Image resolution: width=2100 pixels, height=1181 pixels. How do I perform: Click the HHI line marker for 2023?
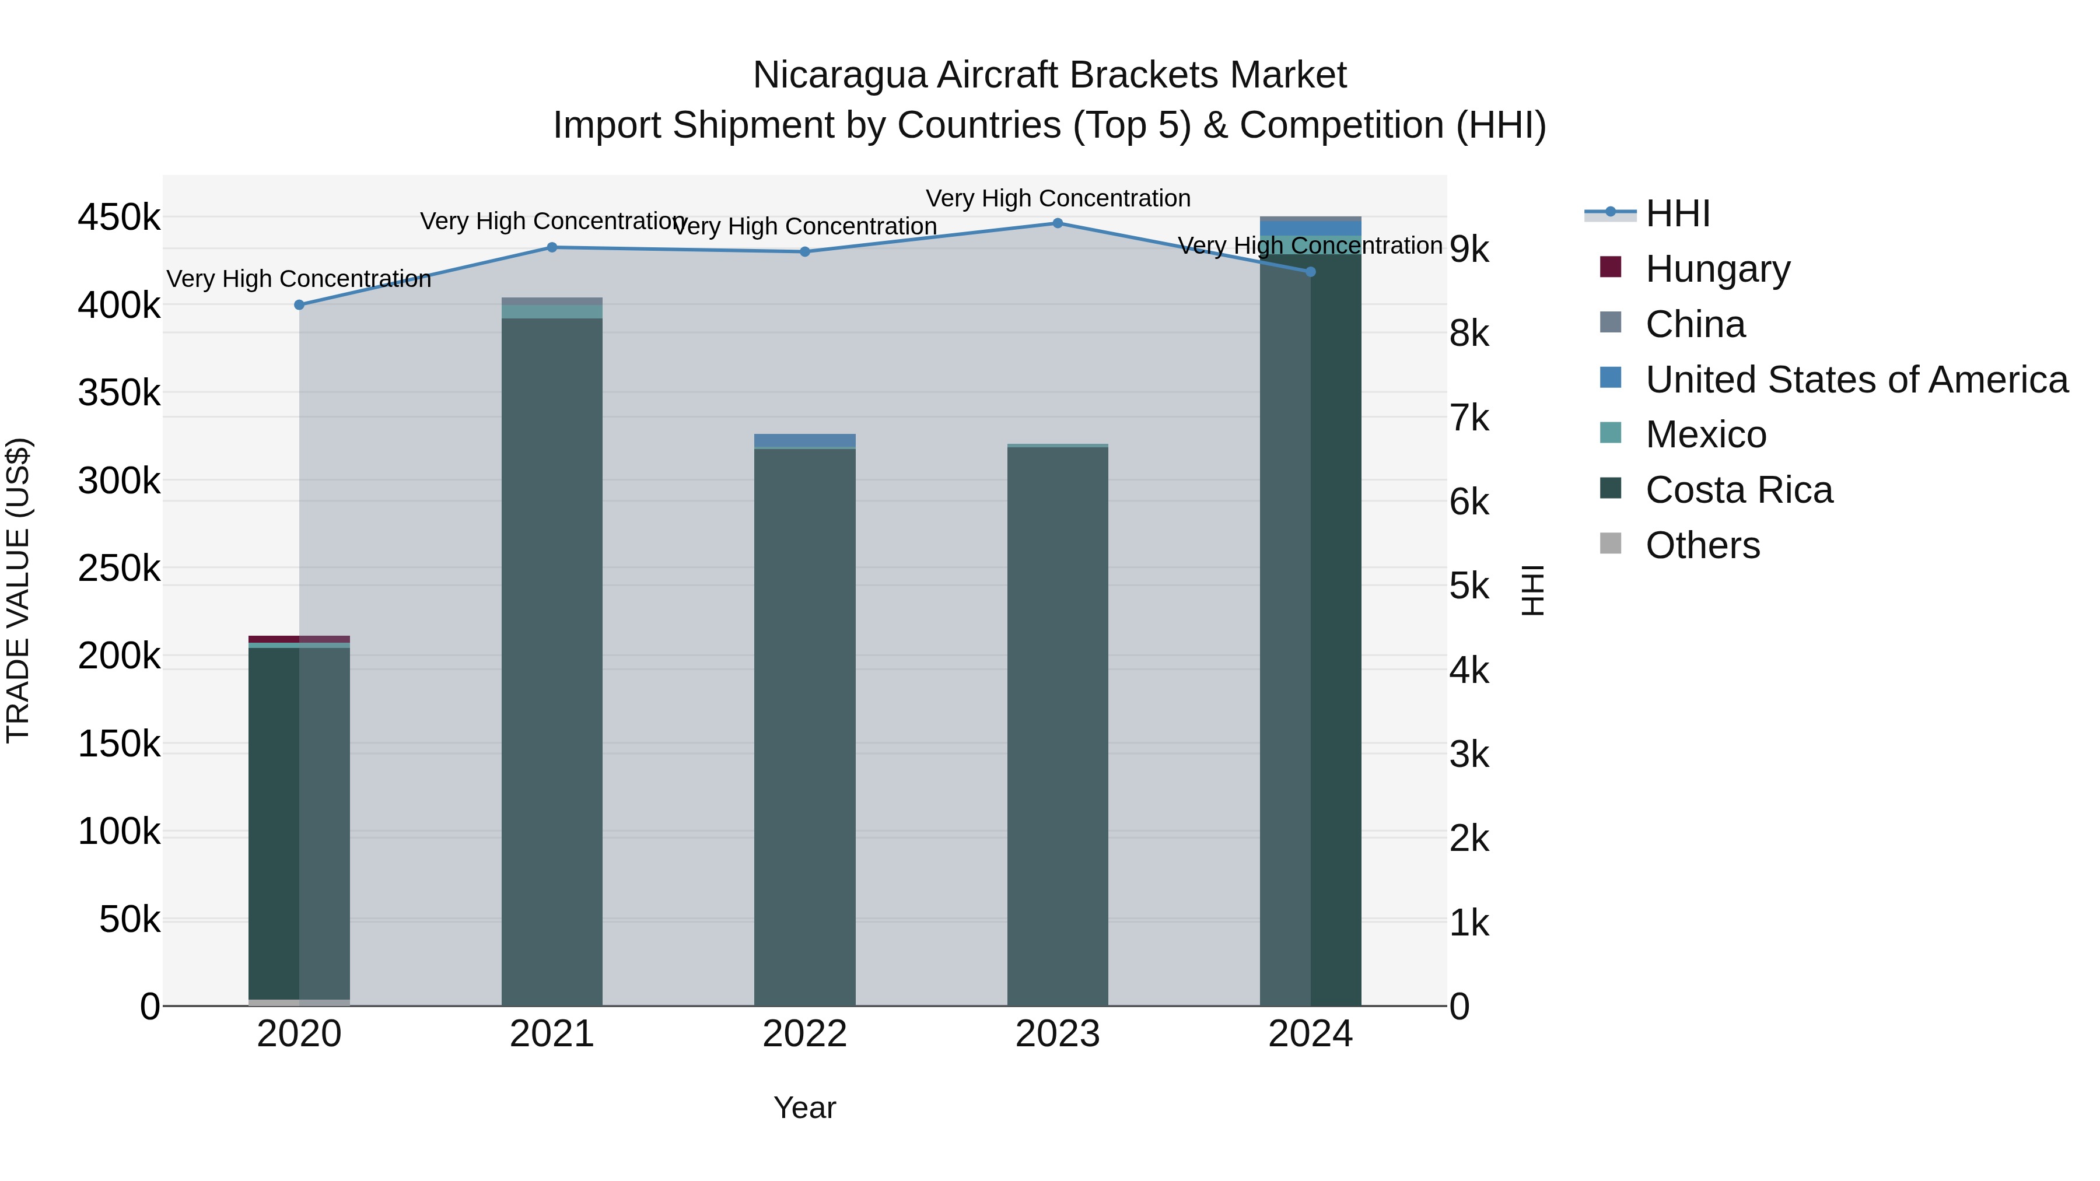(x=1058, y=223)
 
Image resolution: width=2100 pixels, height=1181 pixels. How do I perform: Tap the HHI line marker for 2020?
(x=299, y=305)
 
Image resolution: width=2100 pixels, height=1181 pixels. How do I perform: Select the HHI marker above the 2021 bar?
(x=552, y=248)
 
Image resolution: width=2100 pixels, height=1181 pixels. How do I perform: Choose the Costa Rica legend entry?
(x=1738, y=490)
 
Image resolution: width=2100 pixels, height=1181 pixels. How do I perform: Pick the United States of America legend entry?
(x=1856, y=380)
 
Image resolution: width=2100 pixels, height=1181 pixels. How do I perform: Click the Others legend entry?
(x=1702, y=545)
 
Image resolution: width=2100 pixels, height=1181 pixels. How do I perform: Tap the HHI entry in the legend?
(x=1677, y=213)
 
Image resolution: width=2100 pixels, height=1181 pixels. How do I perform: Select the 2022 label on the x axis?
(x=804, y=1034)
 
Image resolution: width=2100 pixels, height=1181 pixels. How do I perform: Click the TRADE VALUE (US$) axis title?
(x=19, y=590)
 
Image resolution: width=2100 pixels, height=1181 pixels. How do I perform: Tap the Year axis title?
(x=804, y=1108)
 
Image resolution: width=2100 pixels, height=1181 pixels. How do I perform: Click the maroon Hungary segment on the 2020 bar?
(x=299, y=639)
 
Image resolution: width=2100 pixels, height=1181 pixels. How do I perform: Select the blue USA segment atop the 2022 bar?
(x=804, y=440)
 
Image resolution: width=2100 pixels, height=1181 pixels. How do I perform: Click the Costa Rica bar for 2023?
(x=1058, y=726)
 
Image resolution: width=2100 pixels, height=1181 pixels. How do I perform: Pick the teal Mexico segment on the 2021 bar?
(x=552, y=311)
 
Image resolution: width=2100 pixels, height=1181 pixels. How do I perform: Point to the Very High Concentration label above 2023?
(x=1058, y=198)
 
